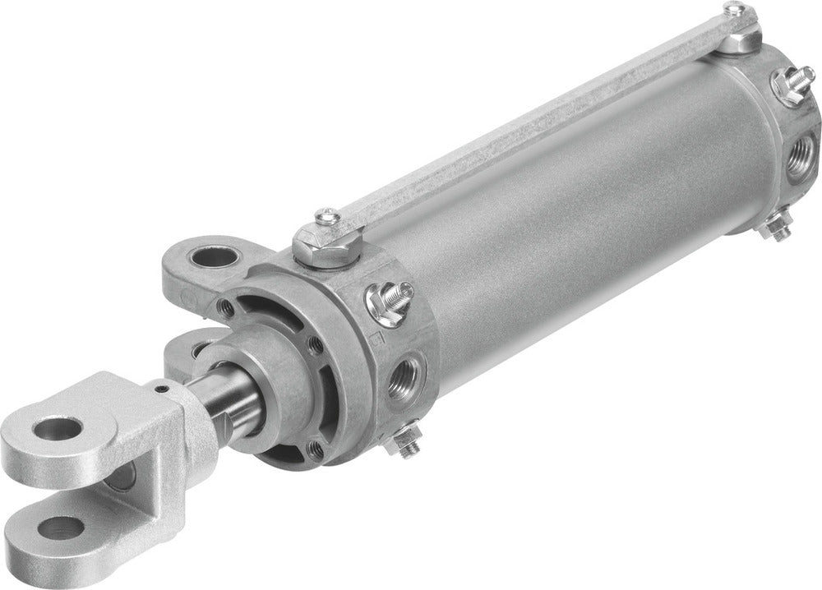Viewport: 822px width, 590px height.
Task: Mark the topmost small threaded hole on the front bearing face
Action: click(224, 307)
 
